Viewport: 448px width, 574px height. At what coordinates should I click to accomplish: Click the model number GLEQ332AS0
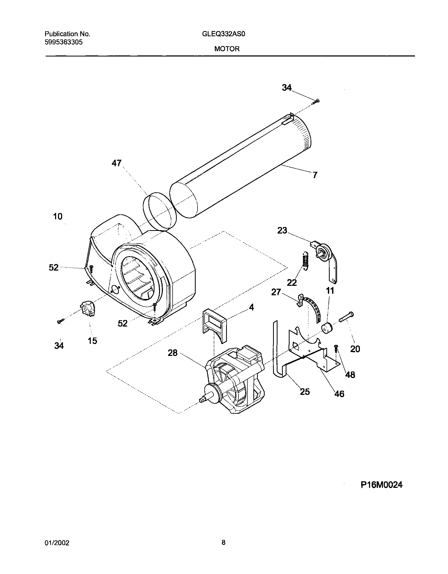tap(223, 34)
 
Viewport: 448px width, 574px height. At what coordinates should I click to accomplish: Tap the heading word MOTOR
tap(227, 49)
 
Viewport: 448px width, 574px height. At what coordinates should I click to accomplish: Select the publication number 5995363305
tap(63, 42)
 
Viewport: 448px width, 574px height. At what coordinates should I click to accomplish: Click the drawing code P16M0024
tap(381, 485)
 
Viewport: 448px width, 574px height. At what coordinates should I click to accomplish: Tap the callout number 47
tap(116, 163)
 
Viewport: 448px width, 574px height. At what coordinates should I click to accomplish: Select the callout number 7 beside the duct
tap(315, 175)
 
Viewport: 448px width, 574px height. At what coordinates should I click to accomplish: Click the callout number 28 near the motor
tap(173, 353)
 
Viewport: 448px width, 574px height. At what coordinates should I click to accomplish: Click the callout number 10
tap(58, 216)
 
